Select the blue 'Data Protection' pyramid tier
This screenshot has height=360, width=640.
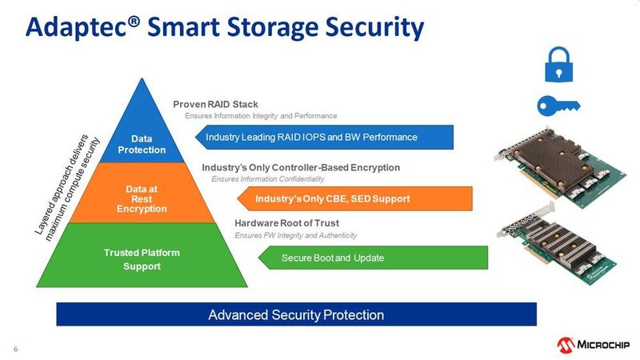click(142, 136)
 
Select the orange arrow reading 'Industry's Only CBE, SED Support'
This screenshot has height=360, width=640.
click(336, 198)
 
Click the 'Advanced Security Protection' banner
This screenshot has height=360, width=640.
click(296, 314)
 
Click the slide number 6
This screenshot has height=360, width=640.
click(15, 348)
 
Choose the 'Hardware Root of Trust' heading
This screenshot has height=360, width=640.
click(286, 222)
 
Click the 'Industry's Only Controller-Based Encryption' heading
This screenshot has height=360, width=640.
click(301, 167)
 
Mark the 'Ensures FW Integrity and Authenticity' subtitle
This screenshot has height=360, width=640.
click(295, 235)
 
